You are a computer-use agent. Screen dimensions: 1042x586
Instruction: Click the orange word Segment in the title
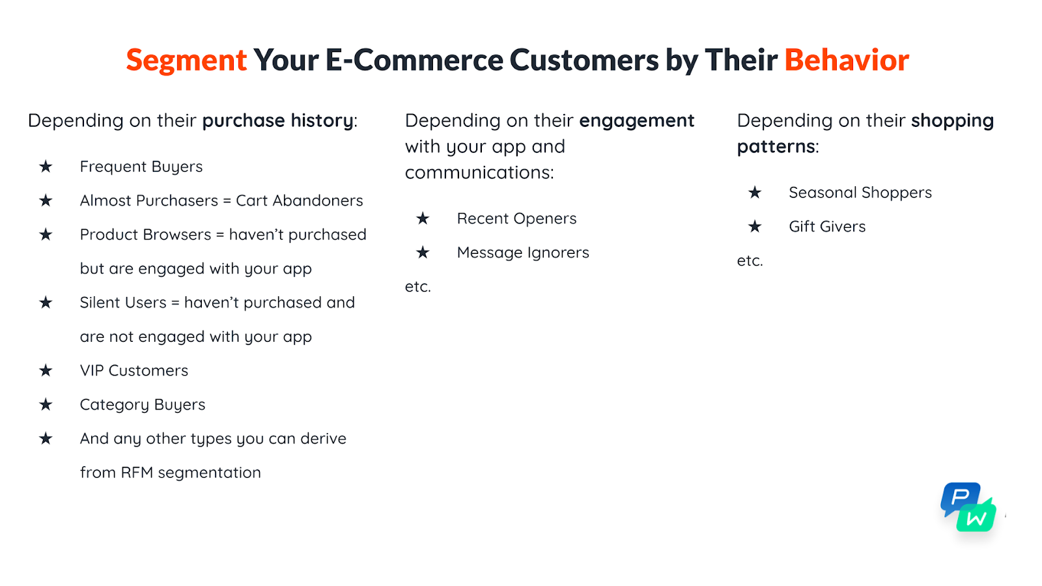pos(186,61)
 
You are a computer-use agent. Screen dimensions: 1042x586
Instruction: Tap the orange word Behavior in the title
pos(847,60)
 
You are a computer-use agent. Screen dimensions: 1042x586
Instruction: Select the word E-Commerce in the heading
pos(414,60)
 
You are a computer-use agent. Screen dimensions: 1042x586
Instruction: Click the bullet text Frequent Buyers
pos(141,167)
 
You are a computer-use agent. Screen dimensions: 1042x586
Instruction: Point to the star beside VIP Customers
pos(46,370)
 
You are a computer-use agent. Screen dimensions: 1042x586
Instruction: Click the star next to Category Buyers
pos(46,404)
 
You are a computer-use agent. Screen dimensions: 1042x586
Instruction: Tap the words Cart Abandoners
pos(299,201)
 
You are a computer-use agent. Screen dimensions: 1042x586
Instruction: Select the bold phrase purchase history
pos(277,121)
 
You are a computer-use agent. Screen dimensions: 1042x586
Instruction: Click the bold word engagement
pos(636,121)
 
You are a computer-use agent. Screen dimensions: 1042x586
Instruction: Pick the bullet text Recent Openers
pos(516,219)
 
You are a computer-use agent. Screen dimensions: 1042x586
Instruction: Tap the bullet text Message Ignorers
pos(523,253)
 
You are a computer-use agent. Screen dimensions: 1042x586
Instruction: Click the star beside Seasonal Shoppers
pos(755,193)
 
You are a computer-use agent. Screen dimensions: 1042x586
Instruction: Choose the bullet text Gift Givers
pos(827,227)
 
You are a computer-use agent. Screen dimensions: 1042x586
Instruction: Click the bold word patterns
pos(776,147)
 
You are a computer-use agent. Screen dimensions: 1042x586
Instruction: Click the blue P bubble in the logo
pos(959,497)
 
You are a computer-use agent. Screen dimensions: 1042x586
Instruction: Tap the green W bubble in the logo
pos(977,517)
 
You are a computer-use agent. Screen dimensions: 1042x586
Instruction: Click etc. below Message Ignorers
pos(417,287)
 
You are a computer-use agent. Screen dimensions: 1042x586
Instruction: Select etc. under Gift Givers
pos(750,261)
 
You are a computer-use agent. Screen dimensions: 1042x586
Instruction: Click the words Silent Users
pos(123,303)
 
